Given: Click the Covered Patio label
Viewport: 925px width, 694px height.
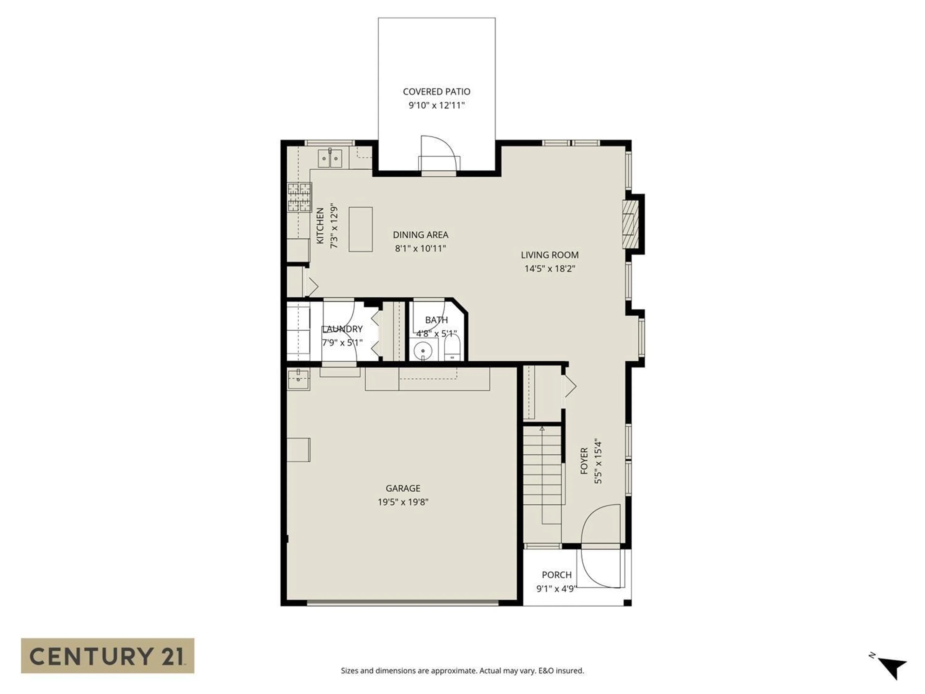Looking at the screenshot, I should click(436, 92).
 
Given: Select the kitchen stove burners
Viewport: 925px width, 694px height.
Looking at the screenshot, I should click(299, 197).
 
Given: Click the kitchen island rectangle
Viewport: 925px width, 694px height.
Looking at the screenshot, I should click(360, 229).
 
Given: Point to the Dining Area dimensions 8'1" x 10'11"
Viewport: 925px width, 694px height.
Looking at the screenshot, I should click(420, 248).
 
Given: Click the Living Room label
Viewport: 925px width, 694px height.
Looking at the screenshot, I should click(549, 255).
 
